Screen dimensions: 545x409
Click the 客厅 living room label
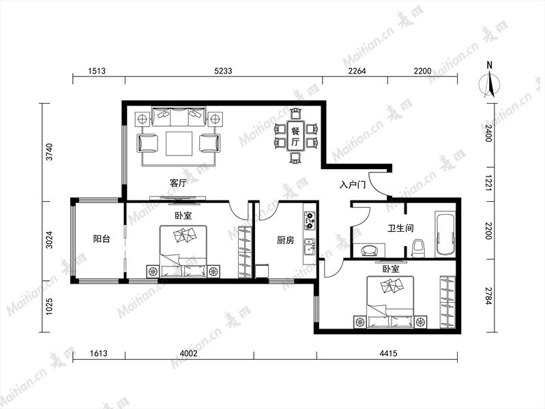click(x=178, y=183)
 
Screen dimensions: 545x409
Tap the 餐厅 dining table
click(x=295, y=136)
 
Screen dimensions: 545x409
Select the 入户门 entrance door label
click(x=353, y=185)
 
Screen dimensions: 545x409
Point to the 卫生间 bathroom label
click(x=400, y=228)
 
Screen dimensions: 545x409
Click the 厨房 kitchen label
click(x=285, y=240)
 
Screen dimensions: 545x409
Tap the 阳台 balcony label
click(x=102, y=239)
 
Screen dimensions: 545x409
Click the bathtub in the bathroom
click(x=445, y=235)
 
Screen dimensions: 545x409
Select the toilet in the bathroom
click(x=419, y=249)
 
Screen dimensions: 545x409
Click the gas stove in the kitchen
click(x=310, y=221)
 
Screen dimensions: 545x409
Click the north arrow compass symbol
click(x=489, y=82)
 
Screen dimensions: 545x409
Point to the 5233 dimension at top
click(x=223, y=72)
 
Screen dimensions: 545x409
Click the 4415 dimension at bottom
click(x=388, y=353)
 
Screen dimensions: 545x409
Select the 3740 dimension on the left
click(x=50, y=152)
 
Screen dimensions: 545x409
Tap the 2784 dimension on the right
click(x=488, y=296)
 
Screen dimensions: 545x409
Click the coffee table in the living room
click(x=179, y=144)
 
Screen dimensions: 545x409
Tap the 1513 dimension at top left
click(x=97, y=72)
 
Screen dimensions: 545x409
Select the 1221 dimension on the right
click(x=488, y=184)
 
